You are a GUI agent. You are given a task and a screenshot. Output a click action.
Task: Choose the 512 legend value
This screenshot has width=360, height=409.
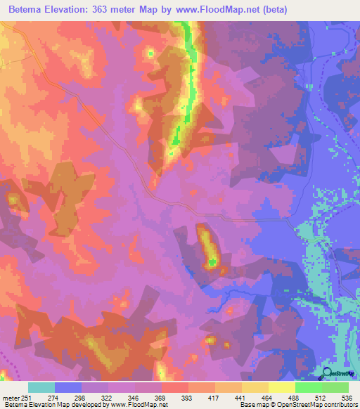[321, 398]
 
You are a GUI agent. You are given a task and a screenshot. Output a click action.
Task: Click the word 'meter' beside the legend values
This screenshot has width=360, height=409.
[9, 398]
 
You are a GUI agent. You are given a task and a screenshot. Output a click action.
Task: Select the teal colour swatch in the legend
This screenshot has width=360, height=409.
[41, 387]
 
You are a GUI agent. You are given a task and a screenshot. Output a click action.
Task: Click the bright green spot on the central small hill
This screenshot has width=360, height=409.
[212, 263]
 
